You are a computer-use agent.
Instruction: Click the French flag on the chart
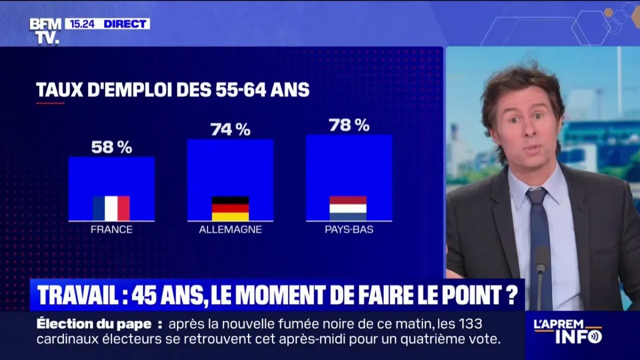pyautogui.click(x=111, y=208)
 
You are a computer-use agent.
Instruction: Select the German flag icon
pyautogui.click(x=230, y=208)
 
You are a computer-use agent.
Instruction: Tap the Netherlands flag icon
pyautogui.click(x=348, y=208)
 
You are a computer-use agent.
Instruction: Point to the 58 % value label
pyautogui.click(x=111, y=148)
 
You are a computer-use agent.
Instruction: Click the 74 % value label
pyautogui.click(x=230, y=130)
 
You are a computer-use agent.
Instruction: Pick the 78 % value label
pyautogui.click(x=349, y=125)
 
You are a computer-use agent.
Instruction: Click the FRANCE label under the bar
pyautogui.click(x=111, y=230)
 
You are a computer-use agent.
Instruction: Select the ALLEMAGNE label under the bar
pyautogui.click(x=230, y=230)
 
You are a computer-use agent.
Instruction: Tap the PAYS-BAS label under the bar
pyautogui.click(x=349, y=230)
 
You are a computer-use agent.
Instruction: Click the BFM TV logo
pyautogui.click(x=45, y=31)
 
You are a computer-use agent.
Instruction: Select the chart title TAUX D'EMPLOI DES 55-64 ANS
pyautogui.click(x=173, y=90)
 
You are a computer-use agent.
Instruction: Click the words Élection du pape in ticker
pyautogui.click(x=98, y=324)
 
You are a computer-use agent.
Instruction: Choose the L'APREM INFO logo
pyautogui.click(x=569, y=331)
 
